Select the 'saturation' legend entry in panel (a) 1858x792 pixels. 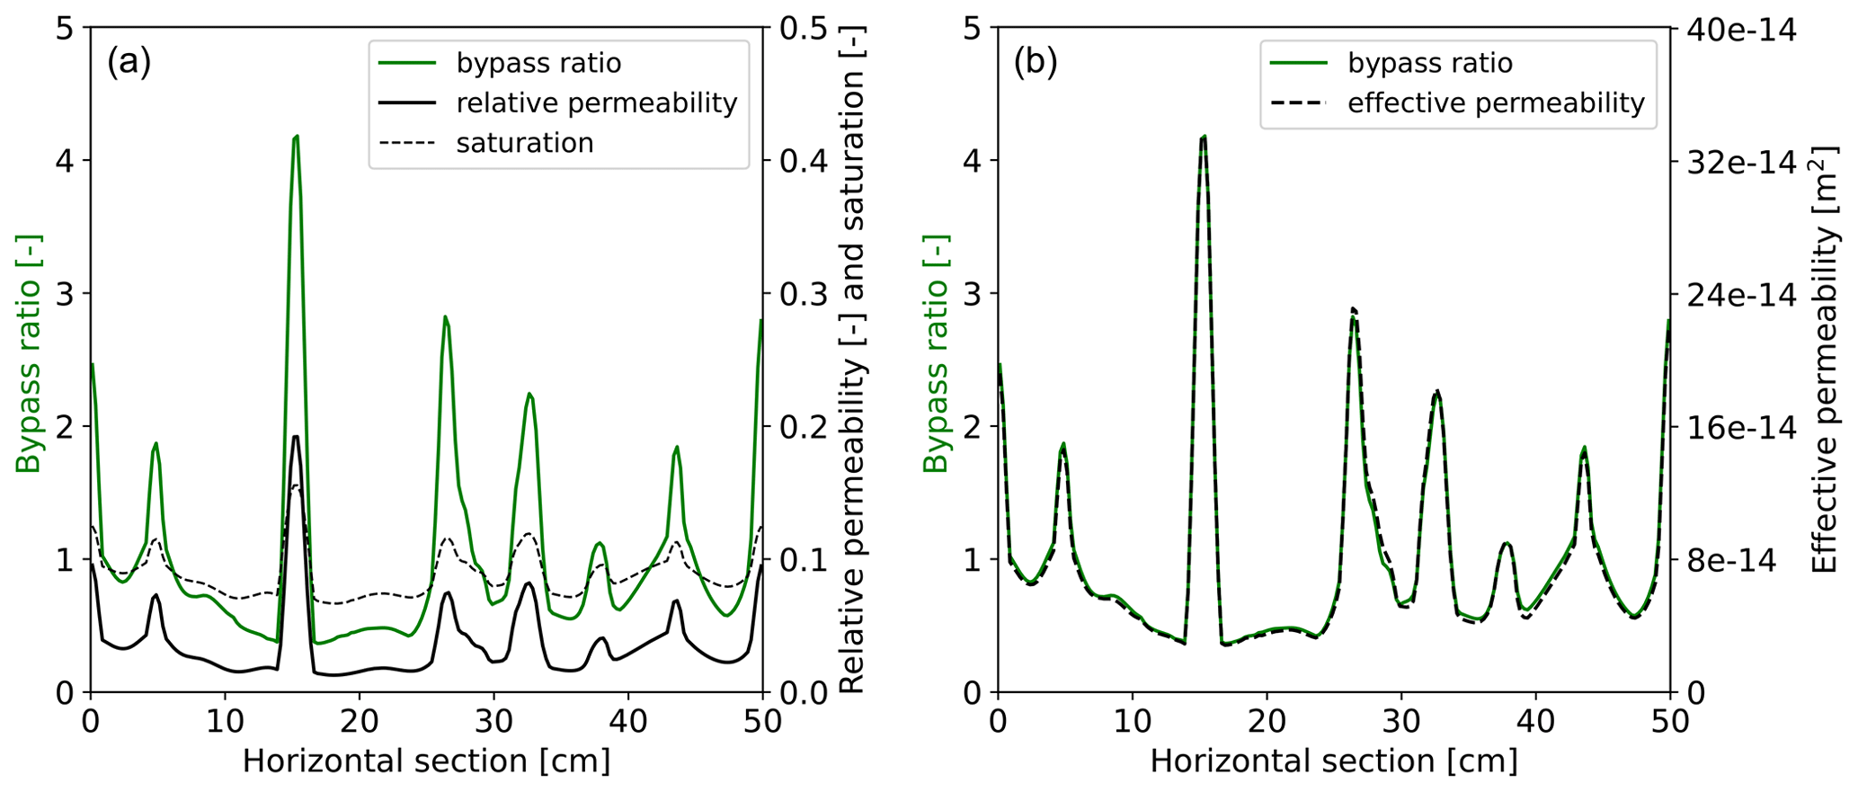point(524,143)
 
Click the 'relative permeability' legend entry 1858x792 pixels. point(596,103)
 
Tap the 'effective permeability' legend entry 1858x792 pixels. point(1496,103)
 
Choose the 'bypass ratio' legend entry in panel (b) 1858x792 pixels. point(1429,63)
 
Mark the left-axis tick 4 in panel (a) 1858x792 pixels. point(65,161)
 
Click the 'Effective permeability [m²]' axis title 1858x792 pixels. point(1825,360)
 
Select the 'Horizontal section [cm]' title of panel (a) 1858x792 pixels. point(426,761)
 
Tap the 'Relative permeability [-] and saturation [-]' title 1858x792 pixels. point(852,360)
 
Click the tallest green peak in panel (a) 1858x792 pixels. point(296,137)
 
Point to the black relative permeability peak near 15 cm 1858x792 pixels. point(296,437)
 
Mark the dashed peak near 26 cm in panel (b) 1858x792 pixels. point(1353,308)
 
